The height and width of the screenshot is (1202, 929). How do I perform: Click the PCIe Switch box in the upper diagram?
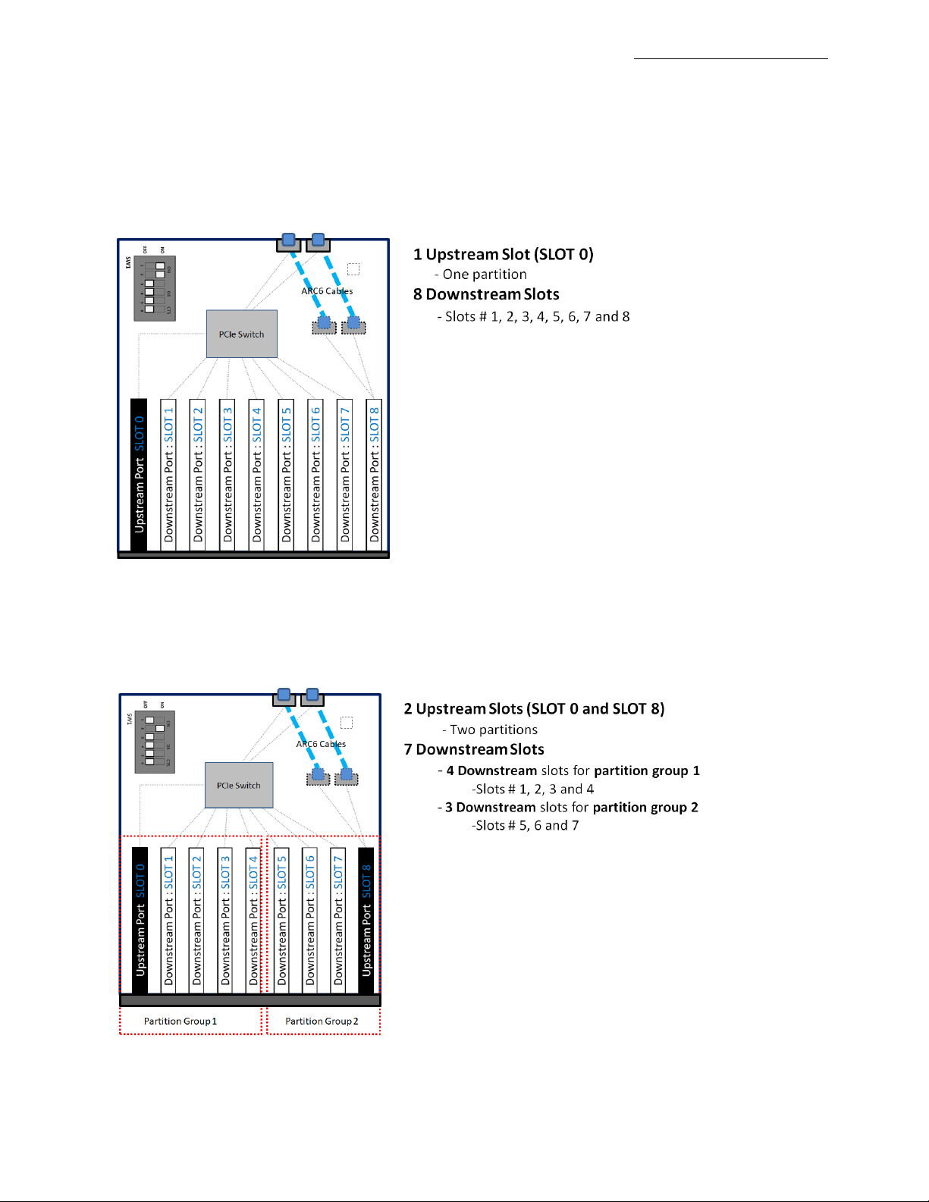click(x=241, y=334)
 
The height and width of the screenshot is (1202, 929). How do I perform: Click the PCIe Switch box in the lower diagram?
click(x=238, y=786)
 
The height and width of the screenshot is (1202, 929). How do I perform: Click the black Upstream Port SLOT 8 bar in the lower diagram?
click(x=366, y=920)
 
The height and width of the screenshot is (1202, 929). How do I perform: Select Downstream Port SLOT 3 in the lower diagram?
click(x=224, y=920)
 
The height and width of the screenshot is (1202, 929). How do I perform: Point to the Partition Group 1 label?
click(x=180, y=1022)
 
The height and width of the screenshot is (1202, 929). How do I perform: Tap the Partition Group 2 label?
click(x=322, y=1022)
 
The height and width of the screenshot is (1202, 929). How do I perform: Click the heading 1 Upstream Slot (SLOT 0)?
click(x=503, y=254)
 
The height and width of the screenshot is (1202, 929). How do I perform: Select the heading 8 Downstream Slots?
click(x=485, y=294)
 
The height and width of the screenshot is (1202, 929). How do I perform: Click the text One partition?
click(x=484, y=275)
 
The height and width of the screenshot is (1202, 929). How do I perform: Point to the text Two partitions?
click(x=493, y=730)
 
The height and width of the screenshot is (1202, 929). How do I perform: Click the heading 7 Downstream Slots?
click(x=473, y=749)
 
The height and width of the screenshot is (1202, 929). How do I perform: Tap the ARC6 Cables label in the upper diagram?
click(x=327, y=291)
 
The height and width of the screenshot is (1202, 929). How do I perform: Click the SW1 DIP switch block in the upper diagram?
click(x=155, y=288)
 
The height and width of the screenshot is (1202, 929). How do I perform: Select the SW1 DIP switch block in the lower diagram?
click(x=155, y=742)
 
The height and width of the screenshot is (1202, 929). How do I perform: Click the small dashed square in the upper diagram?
click(x=353, y=269)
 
